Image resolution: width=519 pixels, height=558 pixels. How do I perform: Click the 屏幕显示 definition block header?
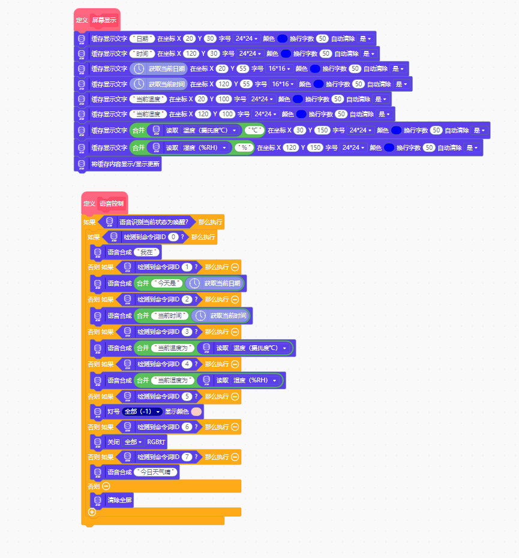tap(97, 20)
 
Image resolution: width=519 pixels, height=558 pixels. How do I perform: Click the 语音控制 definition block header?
tap(104, 204)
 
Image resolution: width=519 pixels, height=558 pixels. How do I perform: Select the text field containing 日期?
tap(142, 38)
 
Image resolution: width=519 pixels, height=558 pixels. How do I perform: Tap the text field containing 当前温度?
tap(148, 99)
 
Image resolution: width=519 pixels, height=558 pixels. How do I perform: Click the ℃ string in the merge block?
tap(254, 130)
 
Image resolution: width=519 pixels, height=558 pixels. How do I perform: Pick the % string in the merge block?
tap(244, 147)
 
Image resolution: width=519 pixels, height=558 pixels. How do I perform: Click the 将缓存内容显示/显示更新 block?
tap(118, 164)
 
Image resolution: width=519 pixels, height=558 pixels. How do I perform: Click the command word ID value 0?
tap(173, 237)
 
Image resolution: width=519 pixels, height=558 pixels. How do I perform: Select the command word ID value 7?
tap(187, 457)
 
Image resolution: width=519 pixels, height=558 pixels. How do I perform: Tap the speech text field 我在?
tap(146, 252)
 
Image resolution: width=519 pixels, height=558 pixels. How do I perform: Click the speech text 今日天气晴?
tap(155, 472)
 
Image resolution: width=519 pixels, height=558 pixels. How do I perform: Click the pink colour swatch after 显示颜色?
tap(196, 411)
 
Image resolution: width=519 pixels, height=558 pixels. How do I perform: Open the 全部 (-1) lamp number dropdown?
tap(142, 411)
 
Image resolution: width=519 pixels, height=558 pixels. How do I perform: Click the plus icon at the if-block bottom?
tap(92, 512)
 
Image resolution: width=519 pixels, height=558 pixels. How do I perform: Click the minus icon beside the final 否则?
tap(106, 486)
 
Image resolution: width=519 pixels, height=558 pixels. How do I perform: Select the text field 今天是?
tap(167, 283)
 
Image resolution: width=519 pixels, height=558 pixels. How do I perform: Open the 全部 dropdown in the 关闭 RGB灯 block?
tap(133, 442)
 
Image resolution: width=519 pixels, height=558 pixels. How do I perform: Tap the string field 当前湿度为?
tap(173, 381)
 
